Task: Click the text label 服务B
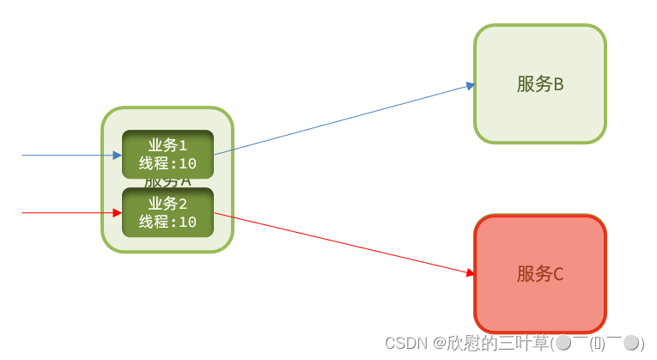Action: coord(539,84)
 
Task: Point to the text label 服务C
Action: coord(539,274)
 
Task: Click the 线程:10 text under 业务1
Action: coord(167,164)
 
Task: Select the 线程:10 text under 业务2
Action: coord(167,222)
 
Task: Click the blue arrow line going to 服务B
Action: coord(344,120)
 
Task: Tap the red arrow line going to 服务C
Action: coord(344,243)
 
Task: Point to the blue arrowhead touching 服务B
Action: coord(470,85)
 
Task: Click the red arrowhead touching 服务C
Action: coord(470,273)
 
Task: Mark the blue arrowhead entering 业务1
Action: coord(117,156)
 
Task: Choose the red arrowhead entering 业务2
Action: coord(117,212)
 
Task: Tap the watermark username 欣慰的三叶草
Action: coord(499,343)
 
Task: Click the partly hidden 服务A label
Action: coord(167,182)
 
